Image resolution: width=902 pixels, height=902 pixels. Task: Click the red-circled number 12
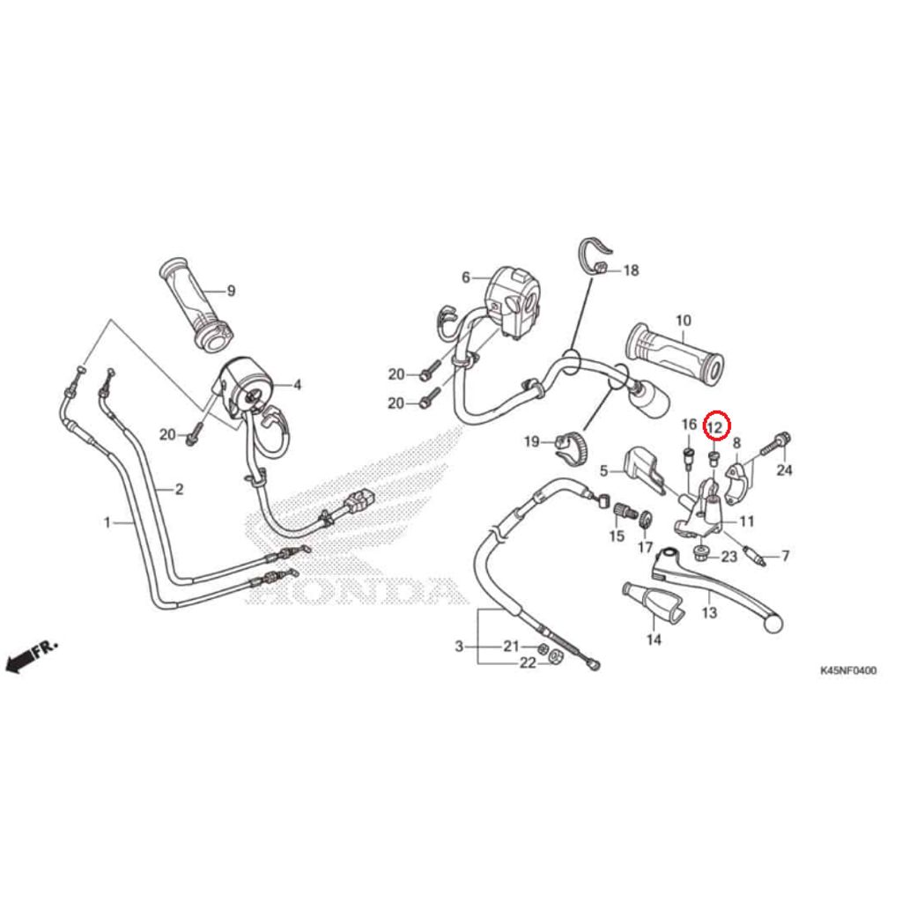point(716,427)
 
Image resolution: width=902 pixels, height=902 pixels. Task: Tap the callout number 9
point(232,291)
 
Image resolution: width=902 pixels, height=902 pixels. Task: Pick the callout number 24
point(785,470)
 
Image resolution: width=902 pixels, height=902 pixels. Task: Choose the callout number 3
point(459,647)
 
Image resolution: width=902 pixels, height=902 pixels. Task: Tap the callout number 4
point(298,384)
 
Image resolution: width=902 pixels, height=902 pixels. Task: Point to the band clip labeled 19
point(568,445)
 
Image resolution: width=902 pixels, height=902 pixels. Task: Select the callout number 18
point(631,270)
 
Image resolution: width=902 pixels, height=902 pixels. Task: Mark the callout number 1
point(107,522)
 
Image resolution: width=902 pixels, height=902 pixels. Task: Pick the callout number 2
point(179,490)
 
